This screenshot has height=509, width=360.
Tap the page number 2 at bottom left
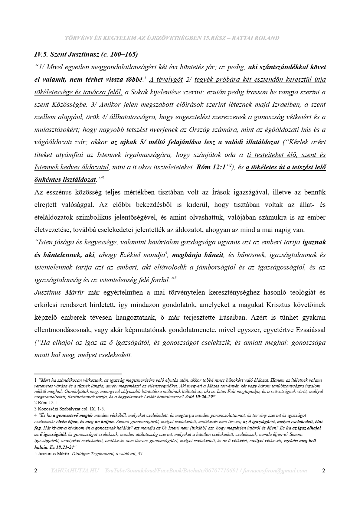tap(36, 471)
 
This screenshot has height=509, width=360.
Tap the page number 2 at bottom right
tap(324, 471)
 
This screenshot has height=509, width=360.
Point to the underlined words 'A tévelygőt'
tap(166, 80)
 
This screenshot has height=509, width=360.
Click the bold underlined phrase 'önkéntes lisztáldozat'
tap(65, 180)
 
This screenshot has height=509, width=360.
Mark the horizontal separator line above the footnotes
tap(78, 374)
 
